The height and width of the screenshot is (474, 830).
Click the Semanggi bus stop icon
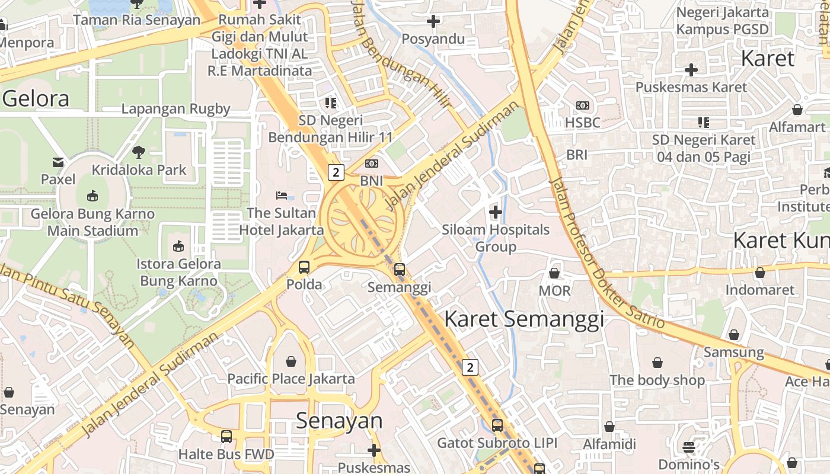click(x=400, y=270)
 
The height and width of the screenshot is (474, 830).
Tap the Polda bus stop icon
click(x=304, y=267)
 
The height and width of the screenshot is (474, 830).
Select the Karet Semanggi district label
click(x=524, y=319)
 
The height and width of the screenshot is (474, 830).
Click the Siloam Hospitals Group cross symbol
click(x=496, y=212)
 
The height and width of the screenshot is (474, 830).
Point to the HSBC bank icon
click(x=583, y=105)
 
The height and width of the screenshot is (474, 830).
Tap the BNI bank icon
click(x=372, y=164)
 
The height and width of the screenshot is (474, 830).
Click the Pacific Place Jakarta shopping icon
click(x=291, y=361)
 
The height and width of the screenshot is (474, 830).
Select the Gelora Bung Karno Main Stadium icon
click(x=92, y=196)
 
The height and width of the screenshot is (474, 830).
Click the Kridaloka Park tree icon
click(x=139, y=152)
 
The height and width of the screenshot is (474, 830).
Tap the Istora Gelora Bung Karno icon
click(x=178, y=246)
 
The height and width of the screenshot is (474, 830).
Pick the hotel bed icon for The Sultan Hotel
click(x=282, y=195)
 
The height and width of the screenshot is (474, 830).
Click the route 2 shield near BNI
click(x=336, y=172)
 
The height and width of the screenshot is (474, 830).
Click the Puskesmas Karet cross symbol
click(x=691, y=70)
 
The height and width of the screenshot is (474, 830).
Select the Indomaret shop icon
click(x=760, y=273)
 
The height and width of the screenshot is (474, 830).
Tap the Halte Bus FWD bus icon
click(x=226, y=437)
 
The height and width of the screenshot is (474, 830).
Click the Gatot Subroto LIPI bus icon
click(x=497, y=425)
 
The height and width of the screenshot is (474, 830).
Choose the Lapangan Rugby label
click(x=175, y=109)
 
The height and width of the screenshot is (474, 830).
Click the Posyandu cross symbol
click(x=433, y=21)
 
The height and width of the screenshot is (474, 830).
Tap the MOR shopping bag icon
click(x=554, y=273)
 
